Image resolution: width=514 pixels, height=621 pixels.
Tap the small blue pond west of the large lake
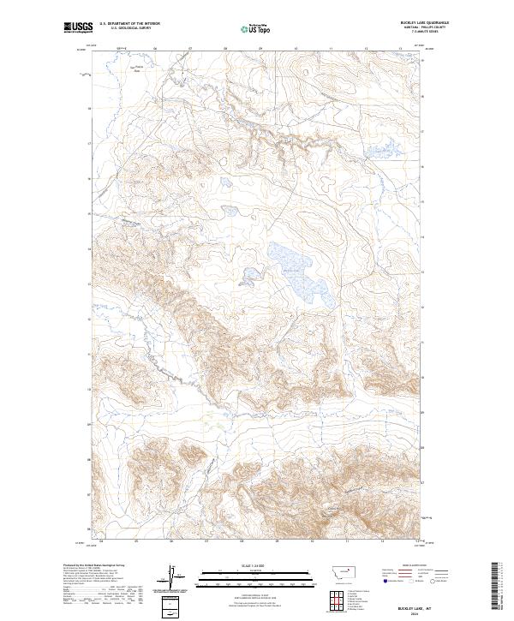[251, 276]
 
